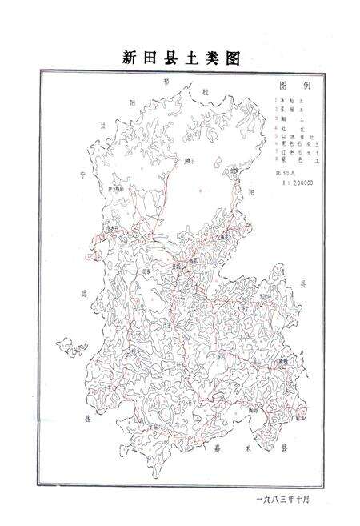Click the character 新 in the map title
point(131,58)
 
